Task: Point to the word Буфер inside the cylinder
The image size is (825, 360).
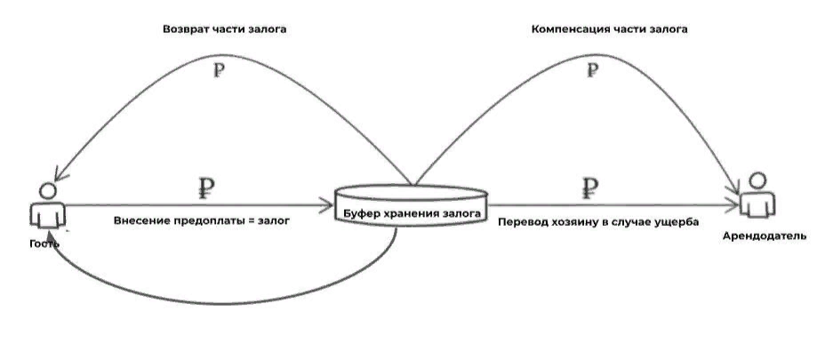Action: point(364,213)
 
